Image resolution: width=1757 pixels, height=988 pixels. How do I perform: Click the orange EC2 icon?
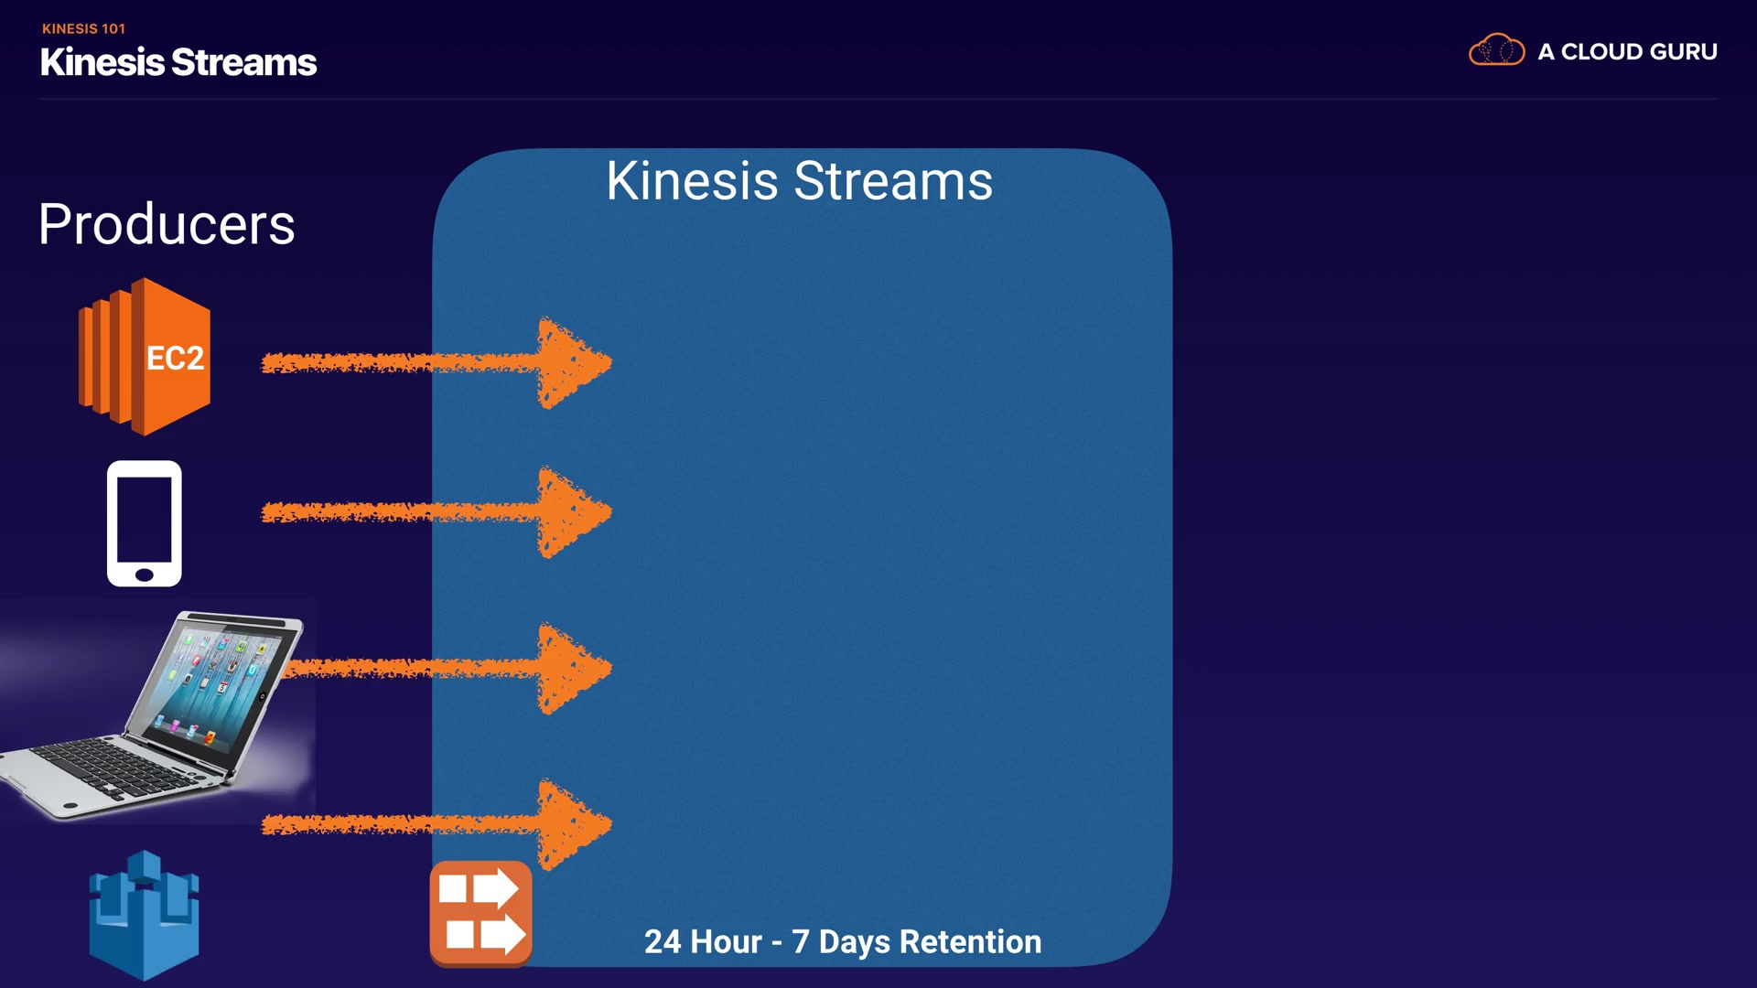coord(145,357)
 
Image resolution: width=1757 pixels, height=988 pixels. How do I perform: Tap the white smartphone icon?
coord(145,523)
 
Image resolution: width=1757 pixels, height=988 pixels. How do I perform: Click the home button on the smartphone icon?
coord(145,575)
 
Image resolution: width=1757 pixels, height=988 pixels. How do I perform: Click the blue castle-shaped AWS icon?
coord(144,915)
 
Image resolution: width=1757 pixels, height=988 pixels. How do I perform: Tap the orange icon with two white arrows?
coord(481,913)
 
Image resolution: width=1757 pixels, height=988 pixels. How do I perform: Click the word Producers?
coord(167,224)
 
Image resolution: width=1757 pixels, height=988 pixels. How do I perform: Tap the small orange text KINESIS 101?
coord(83,29)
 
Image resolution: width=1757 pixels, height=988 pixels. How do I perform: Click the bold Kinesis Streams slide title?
coord(178,62)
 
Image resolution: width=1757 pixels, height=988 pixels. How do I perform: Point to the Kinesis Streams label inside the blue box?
coord(799,180)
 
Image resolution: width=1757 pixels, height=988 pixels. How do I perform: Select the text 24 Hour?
coord(703,941)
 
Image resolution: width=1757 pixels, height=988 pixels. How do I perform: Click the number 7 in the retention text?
coord(801,941)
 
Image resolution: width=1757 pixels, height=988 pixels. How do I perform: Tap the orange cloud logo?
coord(1497,49)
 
